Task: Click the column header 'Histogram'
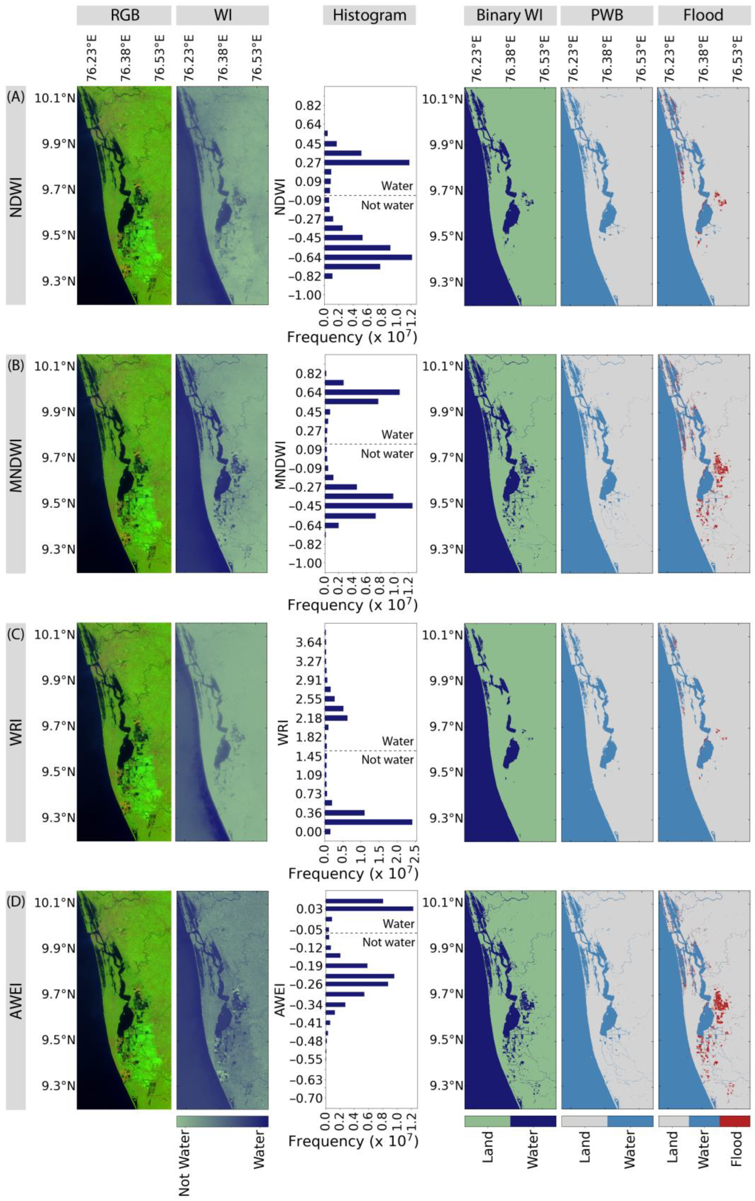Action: pos(369,16)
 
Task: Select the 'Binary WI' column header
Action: pos(510,16)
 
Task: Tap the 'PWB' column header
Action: pos(606,16)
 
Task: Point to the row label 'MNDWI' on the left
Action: pos(17,463)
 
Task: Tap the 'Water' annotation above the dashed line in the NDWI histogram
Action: pos(397,186)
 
